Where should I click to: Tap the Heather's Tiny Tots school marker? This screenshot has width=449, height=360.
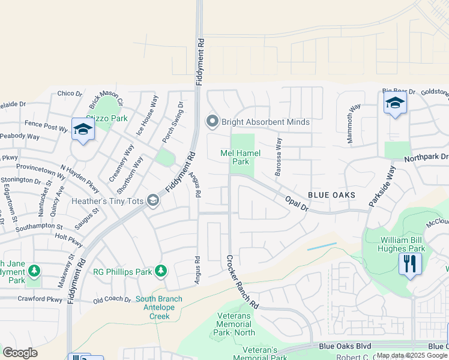[153, 200]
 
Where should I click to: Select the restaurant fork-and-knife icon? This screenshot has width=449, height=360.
[410, 263]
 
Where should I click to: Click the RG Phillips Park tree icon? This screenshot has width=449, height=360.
[160, 271]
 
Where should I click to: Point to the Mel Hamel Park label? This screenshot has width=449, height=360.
[240, 158]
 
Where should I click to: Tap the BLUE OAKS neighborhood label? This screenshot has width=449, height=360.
[332, 195]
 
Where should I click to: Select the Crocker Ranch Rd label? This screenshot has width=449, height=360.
[242, 282]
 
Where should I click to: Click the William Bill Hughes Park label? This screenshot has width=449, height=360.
[393, 244]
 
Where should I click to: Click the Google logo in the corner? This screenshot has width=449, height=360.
[20, 353]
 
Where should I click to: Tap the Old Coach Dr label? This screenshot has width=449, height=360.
[112, 299]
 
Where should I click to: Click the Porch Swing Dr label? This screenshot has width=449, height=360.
[172, 122]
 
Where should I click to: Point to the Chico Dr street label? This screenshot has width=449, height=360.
[69, 94]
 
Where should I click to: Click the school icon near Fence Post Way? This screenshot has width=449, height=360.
[83, 130]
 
